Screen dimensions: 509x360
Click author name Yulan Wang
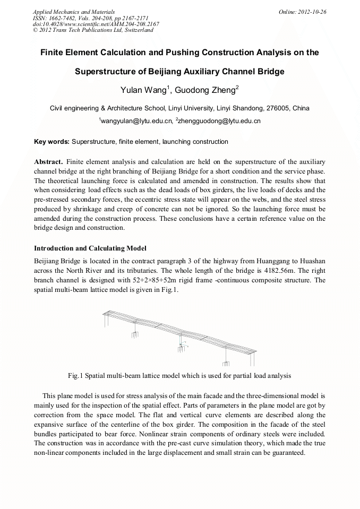[145, 89]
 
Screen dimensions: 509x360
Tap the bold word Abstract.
[48, 161]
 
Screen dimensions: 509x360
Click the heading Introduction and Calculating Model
[90, 248]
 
